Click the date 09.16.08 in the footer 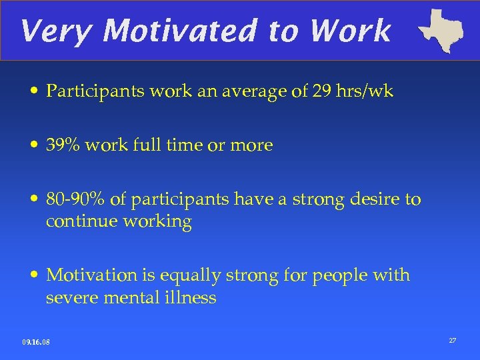[36, 342]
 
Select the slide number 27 [453, 341]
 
